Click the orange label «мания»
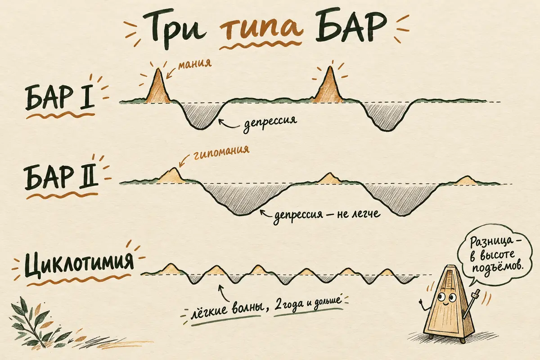[195, 63]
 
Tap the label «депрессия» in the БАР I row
[270, 122]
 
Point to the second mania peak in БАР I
[329, 85]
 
